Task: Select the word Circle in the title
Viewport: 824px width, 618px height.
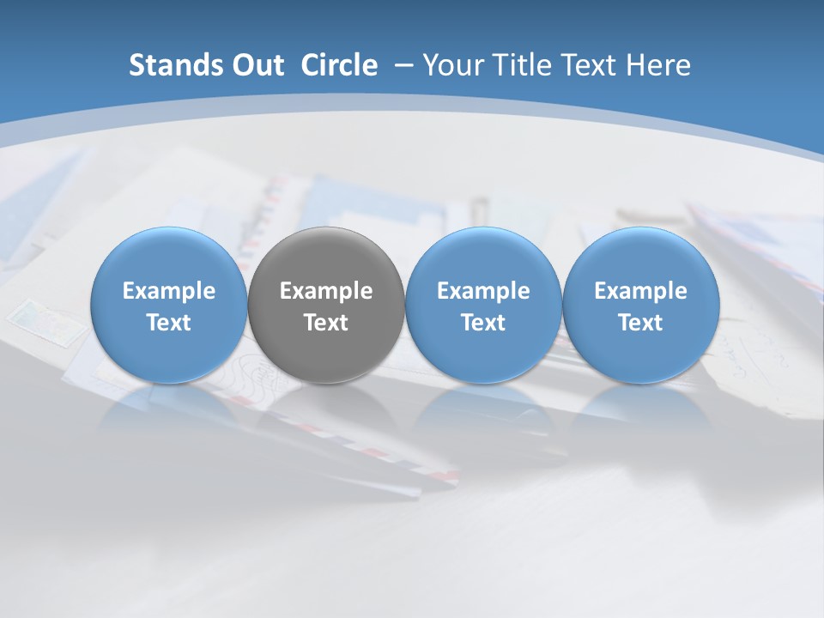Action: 339,65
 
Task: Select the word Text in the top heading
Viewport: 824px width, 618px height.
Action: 590,65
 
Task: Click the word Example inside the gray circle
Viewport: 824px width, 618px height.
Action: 326,291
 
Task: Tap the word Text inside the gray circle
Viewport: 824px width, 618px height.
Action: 326,323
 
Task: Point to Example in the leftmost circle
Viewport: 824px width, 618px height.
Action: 168,291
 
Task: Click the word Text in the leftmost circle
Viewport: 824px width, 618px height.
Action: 168,323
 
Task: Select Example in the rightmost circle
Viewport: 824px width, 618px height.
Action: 641,291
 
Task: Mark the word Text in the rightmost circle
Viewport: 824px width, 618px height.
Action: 641,323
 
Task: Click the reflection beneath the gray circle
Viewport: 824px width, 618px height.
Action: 326,408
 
